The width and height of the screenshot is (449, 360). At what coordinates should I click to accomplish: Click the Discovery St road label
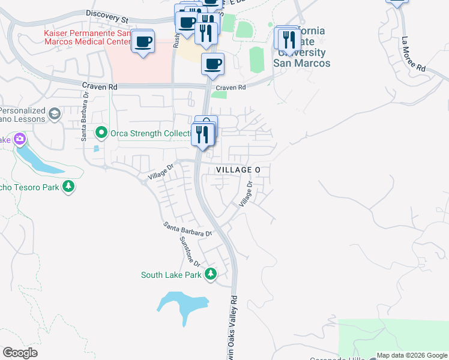point(107,16)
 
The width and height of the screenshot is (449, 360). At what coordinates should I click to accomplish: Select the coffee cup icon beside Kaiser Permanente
point(143,42)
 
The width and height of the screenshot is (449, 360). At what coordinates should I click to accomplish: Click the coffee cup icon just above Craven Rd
point(212,64)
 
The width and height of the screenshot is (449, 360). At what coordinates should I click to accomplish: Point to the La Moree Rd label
point(413,56)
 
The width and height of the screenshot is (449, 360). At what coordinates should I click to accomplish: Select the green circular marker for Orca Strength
point(101,133)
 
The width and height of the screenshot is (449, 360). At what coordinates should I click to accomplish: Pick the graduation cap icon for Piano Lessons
point(55,114)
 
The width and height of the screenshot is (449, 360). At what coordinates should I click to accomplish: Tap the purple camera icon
point(20,140)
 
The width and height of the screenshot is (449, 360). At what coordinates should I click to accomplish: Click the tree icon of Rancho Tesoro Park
point(69,187)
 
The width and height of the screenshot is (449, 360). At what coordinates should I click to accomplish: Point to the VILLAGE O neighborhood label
point(238,170)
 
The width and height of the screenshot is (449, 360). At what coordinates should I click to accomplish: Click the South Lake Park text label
point(170,275)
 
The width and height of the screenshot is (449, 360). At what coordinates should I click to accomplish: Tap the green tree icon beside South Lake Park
point(210,275)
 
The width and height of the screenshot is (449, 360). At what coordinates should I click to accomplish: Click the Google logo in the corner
point(20,353)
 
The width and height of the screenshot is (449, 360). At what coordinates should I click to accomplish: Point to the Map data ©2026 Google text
point(411,355)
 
